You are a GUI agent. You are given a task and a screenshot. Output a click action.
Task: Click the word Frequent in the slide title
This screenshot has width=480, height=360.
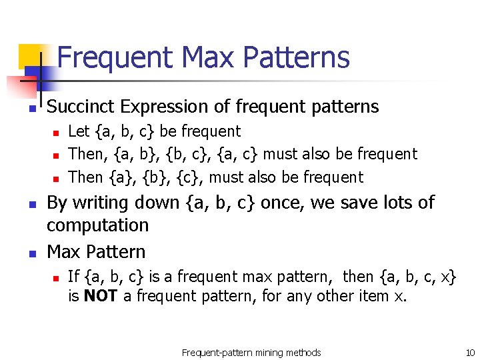115,57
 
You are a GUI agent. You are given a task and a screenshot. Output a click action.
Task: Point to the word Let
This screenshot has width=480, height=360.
79,132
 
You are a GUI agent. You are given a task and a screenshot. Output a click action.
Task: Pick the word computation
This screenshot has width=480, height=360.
97,225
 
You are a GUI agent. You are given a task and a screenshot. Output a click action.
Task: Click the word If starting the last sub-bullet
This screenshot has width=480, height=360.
73,276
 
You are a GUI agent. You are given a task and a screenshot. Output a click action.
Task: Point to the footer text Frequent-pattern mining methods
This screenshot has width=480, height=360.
251,352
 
